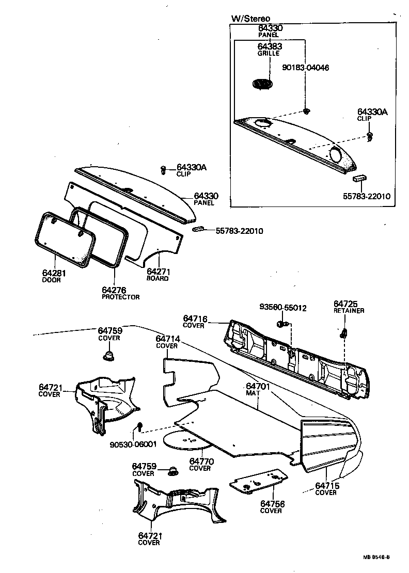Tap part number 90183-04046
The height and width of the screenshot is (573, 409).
point(306,68)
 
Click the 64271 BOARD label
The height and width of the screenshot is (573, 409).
point(158,274)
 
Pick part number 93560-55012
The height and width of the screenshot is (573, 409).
point(283,308)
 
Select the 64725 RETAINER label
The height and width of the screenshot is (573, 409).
point(349,307)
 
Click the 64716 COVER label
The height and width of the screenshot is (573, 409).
point(194,322)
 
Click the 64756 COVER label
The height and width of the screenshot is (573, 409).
point(271,507)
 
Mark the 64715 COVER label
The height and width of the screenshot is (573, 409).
point(326,488)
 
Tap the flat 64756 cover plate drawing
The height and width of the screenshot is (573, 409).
point(258,481)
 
